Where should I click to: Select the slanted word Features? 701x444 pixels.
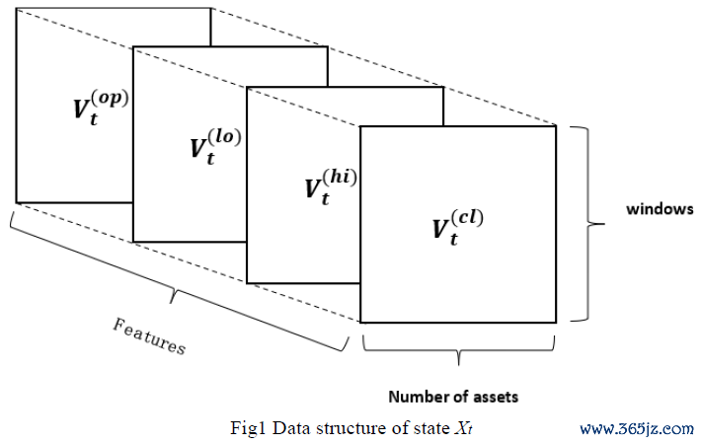[149, 336]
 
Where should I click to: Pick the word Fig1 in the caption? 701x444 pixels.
[245, 428]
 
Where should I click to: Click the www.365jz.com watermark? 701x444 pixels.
[636, 428]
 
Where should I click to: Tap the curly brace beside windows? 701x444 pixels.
[586, 224]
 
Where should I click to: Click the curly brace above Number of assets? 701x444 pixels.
[459, 345]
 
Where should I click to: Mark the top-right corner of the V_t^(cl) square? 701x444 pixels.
[557, 126]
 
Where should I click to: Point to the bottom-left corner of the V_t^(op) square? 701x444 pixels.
[17, 202]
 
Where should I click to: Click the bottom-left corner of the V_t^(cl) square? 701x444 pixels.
[360, 323]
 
